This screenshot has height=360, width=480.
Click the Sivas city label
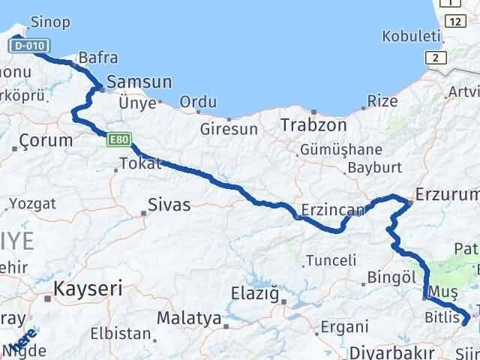[169, 204]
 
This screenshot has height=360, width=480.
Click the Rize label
[382, 101]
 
